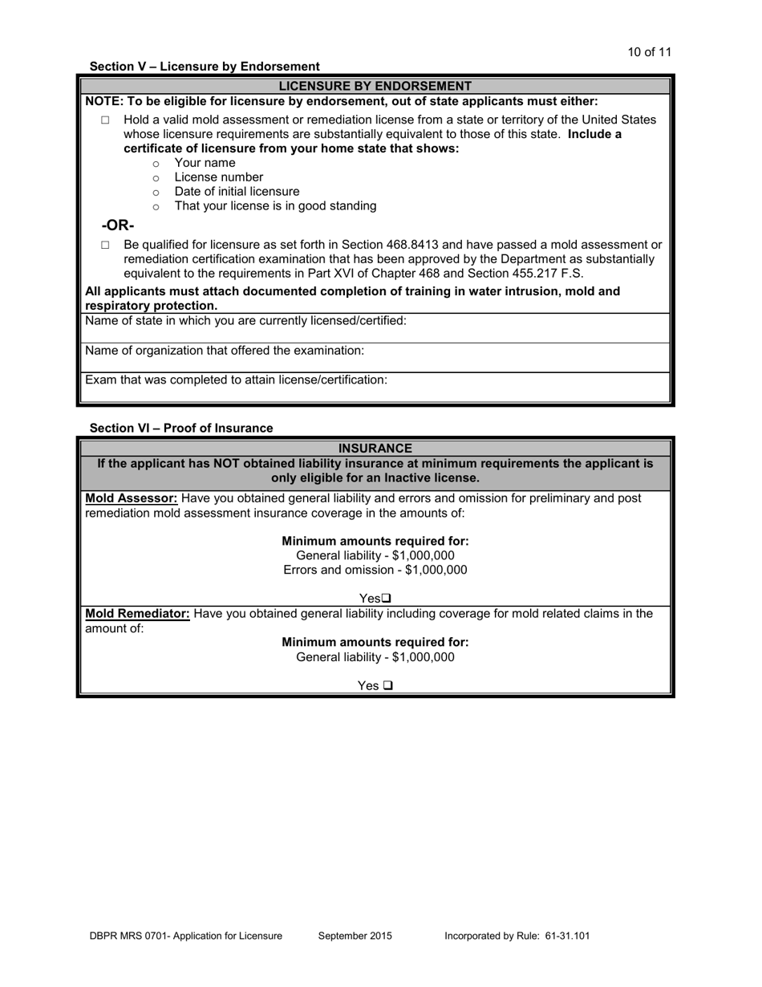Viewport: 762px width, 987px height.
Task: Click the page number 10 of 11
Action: pyautogui.click(x=649, y=52)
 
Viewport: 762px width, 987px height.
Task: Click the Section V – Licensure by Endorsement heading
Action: pyautogui.click(x=205, y=67)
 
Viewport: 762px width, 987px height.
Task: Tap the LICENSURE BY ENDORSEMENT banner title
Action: pyautogui.click(x=375, y=86)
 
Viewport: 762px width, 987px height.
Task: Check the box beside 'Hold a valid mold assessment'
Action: pyautogui.click(x=105, y=120)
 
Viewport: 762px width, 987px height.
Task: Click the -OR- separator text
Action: pyautogui.click(x=118, y=225)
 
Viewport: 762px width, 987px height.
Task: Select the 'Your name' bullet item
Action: pyautogui.click(x=205, y=163)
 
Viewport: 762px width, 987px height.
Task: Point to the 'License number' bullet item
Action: pyautogui.click(x=218, y=177)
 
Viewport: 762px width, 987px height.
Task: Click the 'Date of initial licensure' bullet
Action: pyautogui.click(x=237, y=192)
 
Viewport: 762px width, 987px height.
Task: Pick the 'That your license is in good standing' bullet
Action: pyautogui.click(x=275, y=206)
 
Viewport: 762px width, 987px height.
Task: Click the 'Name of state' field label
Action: pyautogui.click(x=245, y=321)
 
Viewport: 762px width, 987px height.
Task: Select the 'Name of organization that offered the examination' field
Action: pyautogui.click(x=225, y=351)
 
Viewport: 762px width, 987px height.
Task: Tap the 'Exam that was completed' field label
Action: pyautogui.click(x=236, y=380)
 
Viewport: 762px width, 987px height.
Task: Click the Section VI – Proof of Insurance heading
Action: pyautogui.click(x=181, y=429)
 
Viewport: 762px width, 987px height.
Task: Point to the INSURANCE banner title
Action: pyautogui.click(x=375, y=449)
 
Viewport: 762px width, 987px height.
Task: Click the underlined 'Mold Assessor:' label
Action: pyautogui.click(x=132, y=498)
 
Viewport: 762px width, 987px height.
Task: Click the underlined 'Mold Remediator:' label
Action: pyautogui.click(x=138, y=614)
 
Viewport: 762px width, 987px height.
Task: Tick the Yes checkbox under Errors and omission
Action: pyautogui.click(x=387, y=599)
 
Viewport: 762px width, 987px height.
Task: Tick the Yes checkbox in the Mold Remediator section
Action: pyautogui.click(x=388, y=686)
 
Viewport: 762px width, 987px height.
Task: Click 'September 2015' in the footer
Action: pyautogui.click(x=355, y=936)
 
